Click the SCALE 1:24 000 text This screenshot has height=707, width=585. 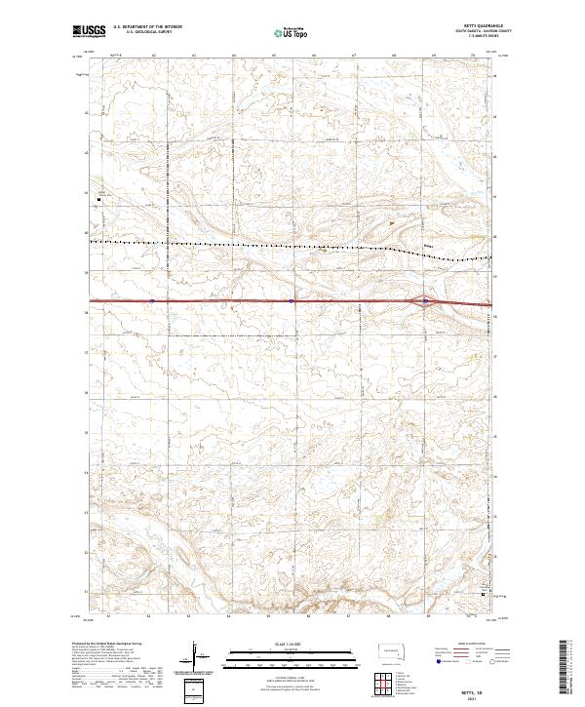point(291,642)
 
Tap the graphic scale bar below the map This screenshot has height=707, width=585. point(291,651)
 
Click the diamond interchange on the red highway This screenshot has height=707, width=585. point(426,301)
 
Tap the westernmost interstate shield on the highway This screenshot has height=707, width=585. point(153,301)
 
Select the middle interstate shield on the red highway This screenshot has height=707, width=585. point(291,301)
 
